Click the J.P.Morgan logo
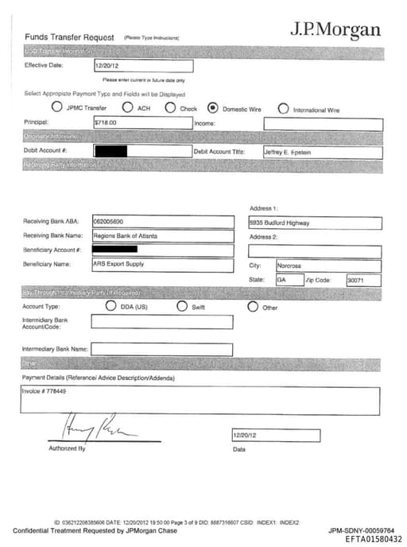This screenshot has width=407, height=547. [335, 30]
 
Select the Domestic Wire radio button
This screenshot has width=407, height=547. [212, 107]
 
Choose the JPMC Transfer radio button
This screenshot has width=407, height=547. [56, 107]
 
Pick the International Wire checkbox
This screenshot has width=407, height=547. [283, 108]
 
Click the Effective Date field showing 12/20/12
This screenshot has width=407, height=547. [143, 67]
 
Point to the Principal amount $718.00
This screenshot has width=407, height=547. [106, 123]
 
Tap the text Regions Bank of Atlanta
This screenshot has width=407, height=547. [120, 236]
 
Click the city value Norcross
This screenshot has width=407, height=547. [289, 266]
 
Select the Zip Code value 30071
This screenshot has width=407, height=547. [355, 281]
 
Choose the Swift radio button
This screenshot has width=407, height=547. [181, 306]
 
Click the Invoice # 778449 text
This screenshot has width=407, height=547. [45, 391]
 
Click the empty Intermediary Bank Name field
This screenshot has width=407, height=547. [161, 349]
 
